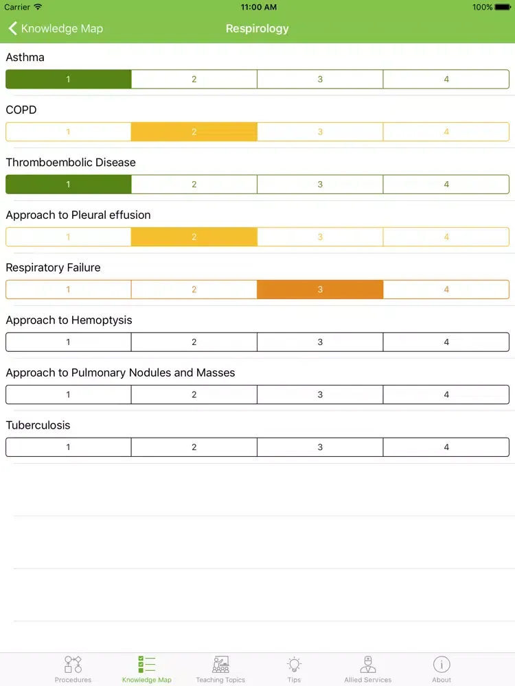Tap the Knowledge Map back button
55,29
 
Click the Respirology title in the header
257,29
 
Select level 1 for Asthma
68,80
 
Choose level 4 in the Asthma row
446,80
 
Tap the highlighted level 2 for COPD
194,132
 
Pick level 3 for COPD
320,132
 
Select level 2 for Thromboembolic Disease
194,185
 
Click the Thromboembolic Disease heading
71,163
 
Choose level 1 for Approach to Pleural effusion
68,237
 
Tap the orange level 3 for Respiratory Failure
320,289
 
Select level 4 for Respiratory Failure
446,289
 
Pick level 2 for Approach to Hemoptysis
194,342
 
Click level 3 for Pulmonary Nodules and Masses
320,394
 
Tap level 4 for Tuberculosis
446,447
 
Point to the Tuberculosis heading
38,425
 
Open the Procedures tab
73,669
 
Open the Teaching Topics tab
220,669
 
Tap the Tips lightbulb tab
294,669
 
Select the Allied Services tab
368,669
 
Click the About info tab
442,669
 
